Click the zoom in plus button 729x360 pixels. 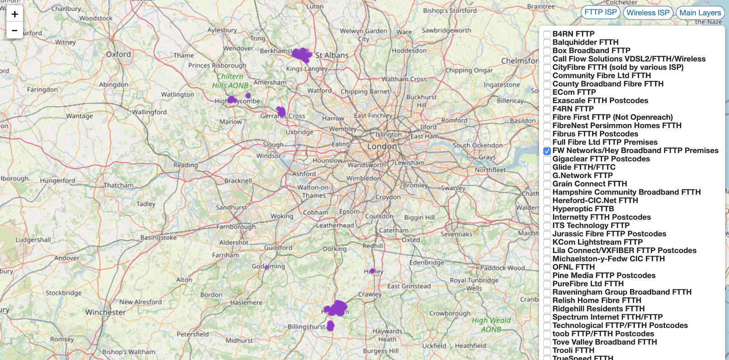click(15, 14)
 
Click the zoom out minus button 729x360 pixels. click(15, 31)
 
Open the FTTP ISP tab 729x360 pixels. click(601, 12)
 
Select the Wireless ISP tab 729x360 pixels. click(648, 13)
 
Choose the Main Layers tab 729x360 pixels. click(700, 13)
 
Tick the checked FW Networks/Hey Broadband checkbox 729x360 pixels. click(547, 151)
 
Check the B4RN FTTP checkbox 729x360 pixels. click(547, 34)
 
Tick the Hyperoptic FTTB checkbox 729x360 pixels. click(547, 209)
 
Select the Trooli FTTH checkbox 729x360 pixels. click(547, 351)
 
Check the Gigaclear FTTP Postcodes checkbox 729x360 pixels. click(547, 159)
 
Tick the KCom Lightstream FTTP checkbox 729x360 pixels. click(547, 242)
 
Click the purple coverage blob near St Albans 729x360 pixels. click(302, 55)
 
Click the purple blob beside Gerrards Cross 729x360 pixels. click(281, 111)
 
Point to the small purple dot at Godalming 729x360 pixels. click(267, 267)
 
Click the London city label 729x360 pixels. click(382, 146)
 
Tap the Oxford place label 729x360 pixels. click(118, 54)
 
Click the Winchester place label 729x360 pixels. click(105, 312)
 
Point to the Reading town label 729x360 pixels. click(185, 165)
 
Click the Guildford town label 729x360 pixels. click(278, 247)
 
